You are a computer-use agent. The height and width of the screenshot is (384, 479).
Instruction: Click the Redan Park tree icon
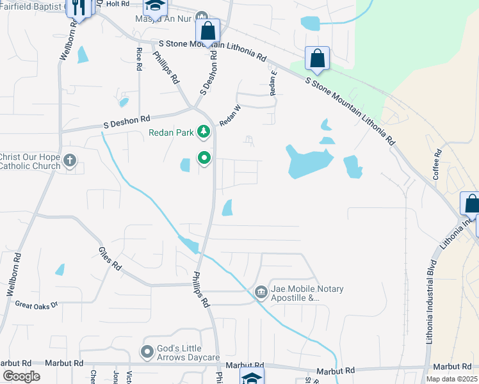click(x=204, y=132)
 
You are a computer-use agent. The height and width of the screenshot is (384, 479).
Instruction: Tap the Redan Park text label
click(x=172, y=132)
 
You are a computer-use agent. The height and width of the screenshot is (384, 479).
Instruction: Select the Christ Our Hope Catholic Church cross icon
click(x=70, y=159)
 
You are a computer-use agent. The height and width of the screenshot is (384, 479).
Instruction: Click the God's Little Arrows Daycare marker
click(x=147, y=351)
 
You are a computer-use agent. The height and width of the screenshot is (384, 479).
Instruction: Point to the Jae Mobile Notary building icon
click(x=261, y=292)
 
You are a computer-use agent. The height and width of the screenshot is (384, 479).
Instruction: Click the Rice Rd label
click(x=138, y=59)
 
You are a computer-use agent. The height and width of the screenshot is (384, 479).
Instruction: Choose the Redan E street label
click(x=273, y=83)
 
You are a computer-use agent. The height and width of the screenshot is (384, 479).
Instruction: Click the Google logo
click(x=21, y=376)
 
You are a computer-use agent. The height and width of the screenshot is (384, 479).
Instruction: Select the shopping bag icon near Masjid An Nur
click(x=207, y=30)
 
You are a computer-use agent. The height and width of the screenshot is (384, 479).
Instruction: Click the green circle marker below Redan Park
click(x=204, y=157)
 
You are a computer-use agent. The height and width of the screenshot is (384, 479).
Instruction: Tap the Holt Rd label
click(x=118, y=4)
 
